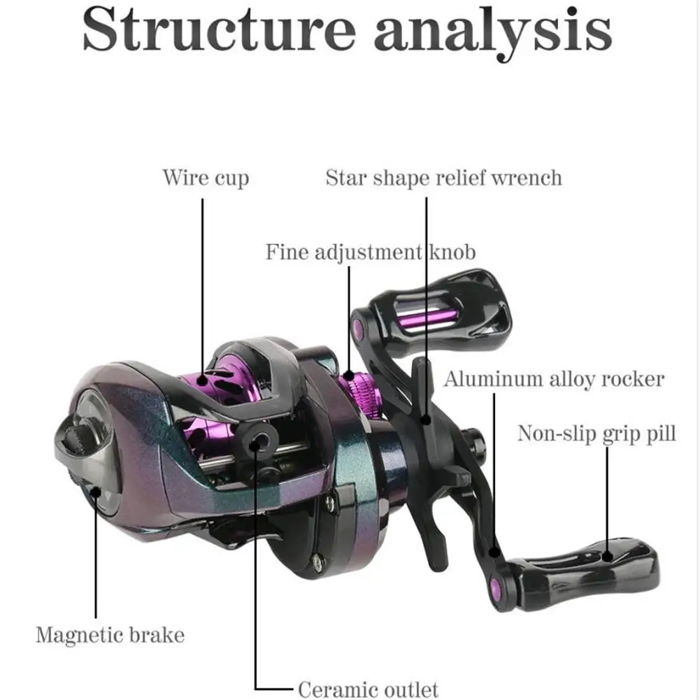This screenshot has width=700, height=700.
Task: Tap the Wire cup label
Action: click(206, 178)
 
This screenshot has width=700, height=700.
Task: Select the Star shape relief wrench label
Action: click(443, 178)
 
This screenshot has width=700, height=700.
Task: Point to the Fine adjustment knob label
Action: click(370, 252)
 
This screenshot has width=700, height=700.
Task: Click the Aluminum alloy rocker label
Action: click(554, 380)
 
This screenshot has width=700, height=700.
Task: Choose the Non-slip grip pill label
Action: click(597, 434)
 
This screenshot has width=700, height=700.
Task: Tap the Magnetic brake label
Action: click(110, 635)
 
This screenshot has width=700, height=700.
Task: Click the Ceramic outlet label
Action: click(368, 689)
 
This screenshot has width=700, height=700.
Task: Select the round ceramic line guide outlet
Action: click(259, 440)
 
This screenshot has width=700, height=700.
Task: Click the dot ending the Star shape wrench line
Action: click(426, 420)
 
